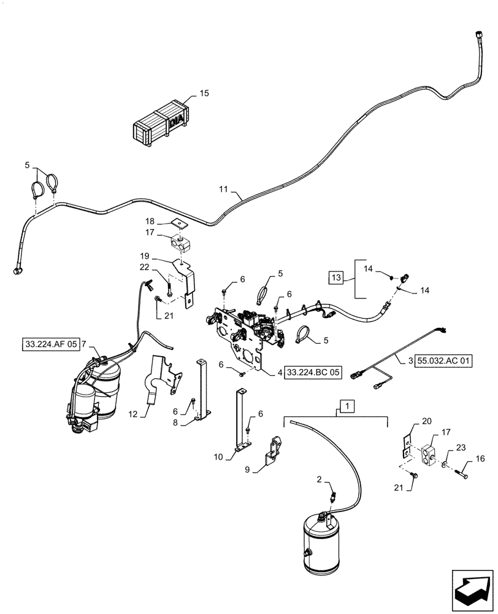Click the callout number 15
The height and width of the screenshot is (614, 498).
(204, 93)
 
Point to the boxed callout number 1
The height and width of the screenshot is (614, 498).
(348, 406)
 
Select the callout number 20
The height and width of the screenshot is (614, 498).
(427, 422)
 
